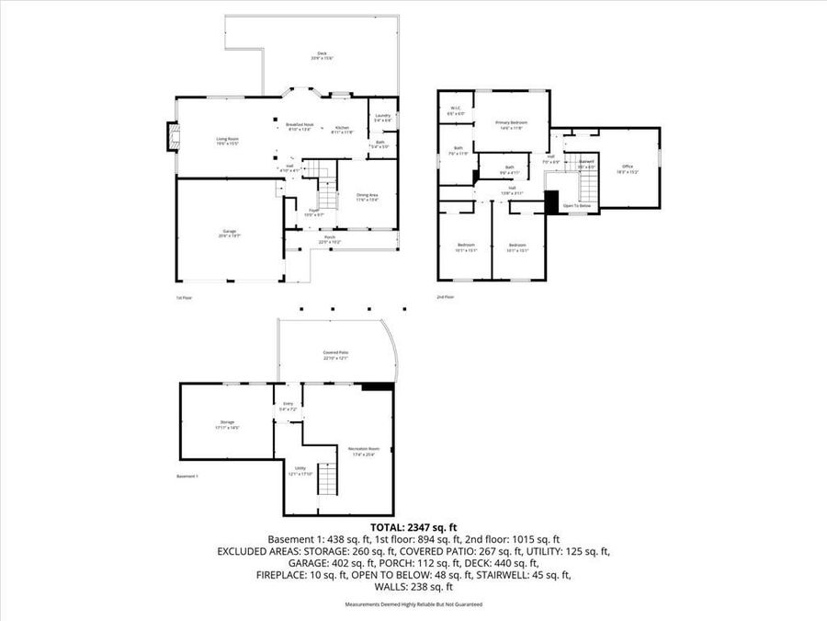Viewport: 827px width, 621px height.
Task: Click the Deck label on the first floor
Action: (323, 55)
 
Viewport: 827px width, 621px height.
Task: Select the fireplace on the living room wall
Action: (170, 137)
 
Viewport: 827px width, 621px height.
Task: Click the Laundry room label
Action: (383, 117)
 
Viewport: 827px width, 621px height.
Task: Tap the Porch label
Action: (329, 239)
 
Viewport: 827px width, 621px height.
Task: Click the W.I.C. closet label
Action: (454, 109)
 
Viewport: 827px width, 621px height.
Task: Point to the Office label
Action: (628, 167)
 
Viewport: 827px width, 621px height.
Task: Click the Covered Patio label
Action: (335, 354)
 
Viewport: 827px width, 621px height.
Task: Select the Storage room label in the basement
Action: (227, 425)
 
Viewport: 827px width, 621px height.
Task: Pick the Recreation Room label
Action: (363, 451)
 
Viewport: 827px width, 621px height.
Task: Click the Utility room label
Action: (300, 470)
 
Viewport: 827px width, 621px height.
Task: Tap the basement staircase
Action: (328, 478)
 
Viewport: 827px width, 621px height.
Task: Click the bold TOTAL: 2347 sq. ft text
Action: (413, 528)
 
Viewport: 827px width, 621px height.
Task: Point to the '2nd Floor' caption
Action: (445, 297)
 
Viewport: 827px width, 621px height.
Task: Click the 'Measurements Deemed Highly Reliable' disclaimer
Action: (413, 604)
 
